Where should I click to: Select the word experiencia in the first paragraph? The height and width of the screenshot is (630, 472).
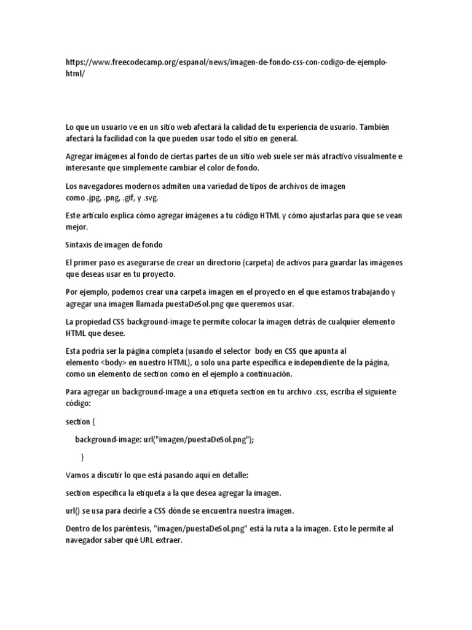point(331,127)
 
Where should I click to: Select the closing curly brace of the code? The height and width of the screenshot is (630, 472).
point(82,457)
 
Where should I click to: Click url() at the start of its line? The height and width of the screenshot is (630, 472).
point(74,510)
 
